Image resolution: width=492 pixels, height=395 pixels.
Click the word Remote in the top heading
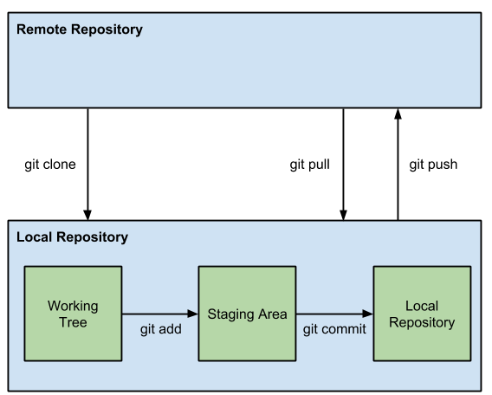[41, 30]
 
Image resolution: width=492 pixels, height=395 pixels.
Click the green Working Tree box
[73, 314]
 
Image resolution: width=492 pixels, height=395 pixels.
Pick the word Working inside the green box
[73, 306]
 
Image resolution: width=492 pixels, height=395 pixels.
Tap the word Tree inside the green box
[73, 322]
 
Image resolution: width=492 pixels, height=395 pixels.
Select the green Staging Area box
[248, 314]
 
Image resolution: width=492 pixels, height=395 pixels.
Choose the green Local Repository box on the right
[423, 314]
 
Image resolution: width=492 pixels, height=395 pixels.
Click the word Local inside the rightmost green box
[423, 306]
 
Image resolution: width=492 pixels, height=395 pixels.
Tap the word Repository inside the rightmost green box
[423, 322]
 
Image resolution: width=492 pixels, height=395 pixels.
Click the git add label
[160, 330]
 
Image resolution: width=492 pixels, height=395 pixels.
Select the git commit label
[334, 330]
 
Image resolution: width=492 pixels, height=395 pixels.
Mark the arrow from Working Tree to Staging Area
[159, 314]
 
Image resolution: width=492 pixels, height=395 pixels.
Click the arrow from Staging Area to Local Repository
[334, 314]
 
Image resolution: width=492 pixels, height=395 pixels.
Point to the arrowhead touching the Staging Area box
[193, 314]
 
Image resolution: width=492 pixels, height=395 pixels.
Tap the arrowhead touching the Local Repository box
[368, 314]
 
